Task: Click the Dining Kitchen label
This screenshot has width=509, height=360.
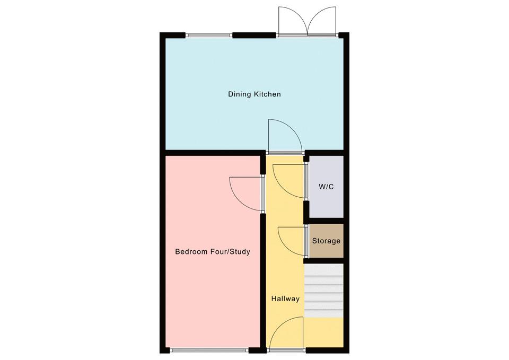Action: [x=254, y=94]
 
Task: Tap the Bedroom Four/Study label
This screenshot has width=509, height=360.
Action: [x=213, y=252]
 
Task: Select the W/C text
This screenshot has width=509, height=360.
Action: [x=326, y=187]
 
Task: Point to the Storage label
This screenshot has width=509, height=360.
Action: [x=326, y=241]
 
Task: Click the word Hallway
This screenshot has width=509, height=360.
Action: [x=285, y=298]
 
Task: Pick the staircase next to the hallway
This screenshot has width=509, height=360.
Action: [x=323, y=291]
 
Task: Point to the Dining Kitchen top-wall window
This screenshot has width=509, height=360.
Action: [x=209, y=35]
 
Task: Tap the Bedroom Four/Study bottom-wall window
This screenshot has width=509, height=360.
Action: [x=209, y=350]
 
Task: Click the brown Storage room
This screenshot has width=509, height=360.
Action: [x=326, y=241]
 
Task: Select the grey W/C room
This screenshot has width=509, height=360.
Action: [x=326, y=187]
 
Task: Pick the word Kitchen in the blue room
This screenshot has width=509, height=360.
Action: [x=267, y=94]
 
